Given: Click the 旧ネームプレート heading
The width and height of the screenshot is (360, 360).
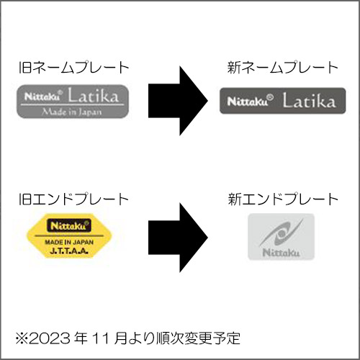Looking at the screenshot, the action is point(74,68).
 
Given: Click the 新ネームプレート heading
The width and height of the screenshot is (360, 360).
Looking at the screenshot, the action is point(283,68).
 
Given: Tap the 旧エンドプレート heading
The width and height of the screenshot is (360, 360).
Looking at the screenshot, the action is point(73,199).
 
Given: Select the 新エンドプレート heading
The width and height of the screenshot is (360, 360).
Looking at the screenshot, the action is point(283,199).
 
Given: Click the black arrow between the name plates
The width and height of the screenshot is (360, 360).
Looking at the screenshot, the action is point(178,101).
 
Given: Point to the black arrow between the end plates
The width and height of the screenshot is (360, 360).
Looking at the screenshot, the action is point(178,238).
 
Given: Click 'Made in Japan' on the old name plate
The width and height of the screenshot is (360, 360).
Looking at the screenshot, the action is point(72,112).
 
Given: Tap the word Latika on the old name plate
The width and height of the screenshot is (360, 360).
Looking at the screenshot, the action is point(94,96).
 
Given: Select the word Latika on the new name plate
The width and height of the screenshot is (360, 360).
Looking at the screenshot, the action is point(309,100).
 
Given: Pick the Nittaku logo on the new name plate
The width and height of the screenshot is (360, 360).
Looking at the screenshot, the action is point(251,101).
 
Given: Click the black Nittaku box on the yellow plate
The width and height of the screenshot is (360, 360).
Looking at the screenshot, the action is point(69,225).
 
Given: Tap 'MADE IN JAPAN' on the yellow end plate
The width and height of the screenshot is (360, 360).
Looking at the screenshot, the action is point(69,242).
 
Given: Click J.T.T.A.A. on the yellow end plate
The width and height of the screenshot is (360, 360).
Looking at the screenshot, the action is point(69,251).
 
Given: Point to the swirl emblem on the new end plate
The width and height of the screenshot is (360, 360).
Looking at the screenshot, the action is point(281,233).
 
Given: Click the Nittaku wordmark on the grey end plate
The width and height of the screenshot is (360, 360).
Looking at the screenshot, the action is point(281,253).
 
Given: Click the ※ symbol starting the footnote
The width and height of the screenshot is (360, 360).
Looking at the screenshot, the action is point(22,338).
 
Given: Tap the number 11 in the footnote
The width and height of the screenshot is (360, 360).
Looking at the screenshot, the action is point(100,338).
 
